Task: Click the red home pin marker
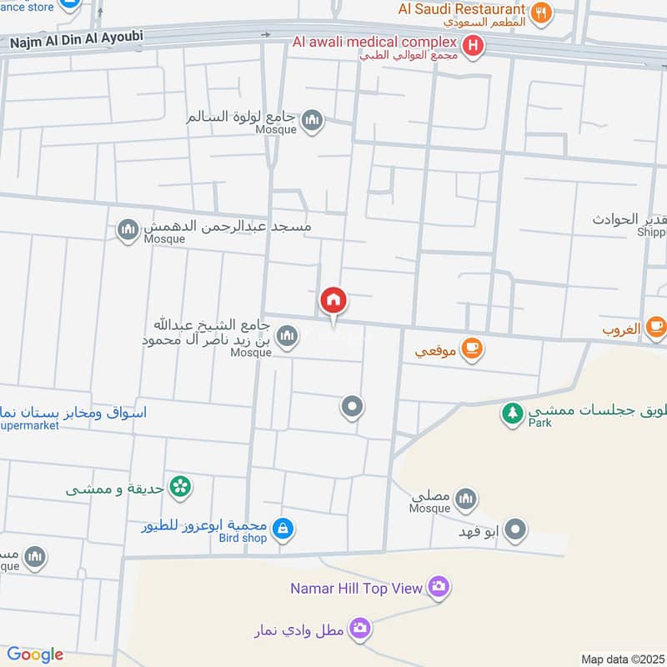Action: click(333, 301)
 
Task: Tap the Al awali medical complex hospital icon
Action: click(474, 46)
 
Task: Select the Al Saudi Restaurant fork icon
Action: click(542, 13)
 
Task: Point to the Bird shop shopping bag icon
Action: click(283, 529)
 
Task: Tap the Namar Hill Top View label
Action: click(357, 589)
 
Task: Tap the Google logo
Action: click(34, 654)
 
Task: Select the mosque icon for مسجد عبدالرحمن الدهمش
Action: click(128, 229)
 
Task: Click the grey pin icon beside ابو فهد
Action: click(517, 529)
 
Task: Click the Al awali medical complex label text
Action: click(374, 42)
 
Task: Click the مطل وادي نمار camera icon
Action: click(360, 628)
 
